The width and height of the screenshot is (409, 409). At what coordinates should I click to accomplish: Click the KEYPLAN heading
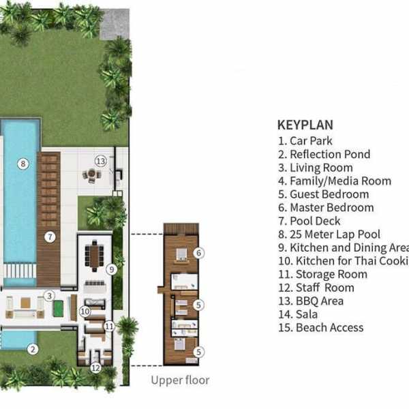[x=305, y=125]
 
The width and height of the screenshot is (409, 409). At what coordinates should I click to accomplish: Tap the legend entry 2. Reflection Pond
[x=324, y=154]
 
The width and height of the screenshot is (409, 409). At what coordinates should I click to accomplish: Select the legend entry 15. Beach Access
[x=320, y=327]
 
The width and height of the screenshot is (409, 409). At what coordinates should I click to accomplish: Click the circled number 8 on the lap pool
[x=22, y=163]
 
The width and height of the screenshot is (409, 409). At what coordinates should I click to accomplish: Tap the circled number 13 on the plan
[x=101, y=161]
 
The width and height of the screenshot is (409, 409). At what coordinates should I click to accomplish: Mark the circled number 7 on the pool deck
[x=49, y=237]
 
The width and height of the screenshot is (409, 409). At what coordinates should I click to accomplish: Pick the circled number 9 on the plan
[x=112, y=269]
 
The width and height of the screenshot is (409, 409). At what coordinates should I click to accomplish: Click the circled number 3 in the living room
[x=49, y=296]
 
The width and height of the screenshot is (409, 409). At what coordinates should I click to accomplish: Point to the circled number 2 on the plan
[x=32, y=349]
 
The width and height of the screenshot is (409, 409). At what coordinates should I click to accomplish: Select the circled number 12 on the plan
[x=95, y=368]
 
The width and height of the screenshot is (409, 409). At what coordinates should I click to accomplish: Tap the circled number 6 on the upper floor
[x=198, y=253]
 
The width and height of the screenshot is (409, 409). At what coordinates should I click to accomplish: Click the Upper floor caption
[x=180, y=380]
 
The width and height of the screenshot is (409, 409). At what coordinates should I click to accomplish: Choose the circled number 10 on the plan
[x=85, y=312]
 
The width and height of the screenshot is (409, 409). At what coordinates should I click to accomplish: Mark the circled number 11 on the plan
[x=109, y=327]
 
